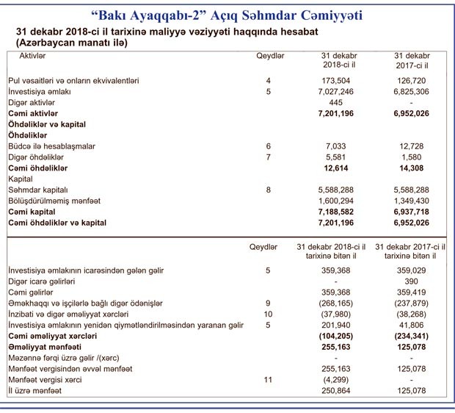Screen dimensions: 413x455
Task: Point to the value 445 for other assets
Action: (338, 103)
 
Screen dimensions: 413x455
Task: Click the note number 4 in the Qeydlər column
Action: (269, 80)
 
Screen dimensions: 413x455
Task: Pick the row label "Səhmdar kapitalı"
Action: (39, 190)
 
